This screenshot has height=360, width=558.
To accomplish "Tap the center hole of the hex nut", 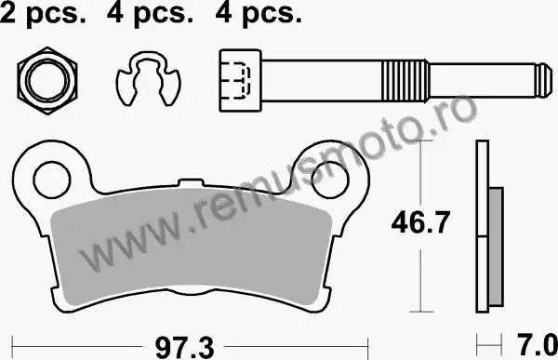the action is click(47, 81).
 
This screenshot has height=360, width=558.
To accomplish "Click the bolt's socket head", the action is click(241, 81).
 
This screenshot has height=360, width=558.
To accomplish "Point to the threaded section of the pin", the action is click(405, 81).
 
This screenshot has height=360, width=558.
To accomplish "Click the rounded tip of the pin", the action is click(545, 81).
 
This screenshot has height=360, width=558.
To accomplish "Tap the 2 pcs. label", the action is click(43, 14).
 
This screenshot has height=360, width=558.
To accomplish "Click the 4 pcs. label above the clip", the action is click(150, 14).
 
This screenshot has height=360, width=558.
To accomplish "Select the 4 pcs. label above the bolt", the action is click(259, 14).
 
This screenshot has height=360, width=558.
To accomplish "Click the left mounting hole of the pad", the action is click(51, 180).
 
